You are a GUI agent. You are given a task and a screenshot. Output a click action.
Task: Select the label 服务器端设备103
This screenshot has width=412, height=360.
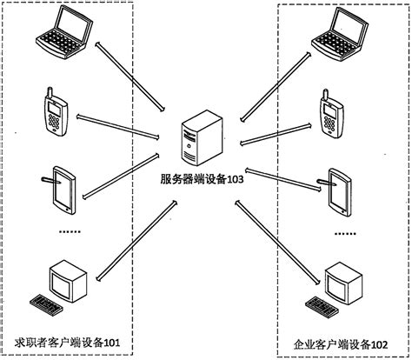(x=203, y=180)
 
